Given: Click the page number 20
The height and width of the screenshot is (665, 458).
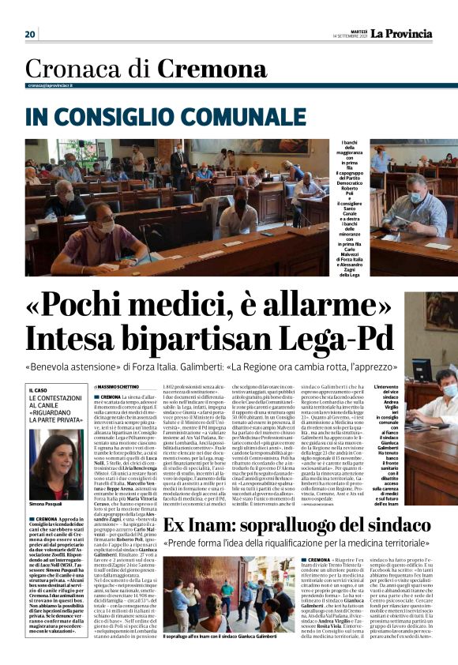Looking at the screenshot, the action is [x=31, y=34].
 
